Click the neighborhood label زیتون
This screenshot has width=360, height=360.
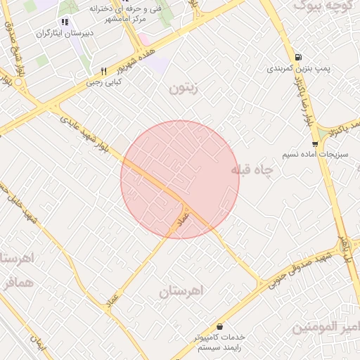coord(184,89)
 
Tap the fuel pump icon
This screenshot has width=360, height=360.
coord(299,58)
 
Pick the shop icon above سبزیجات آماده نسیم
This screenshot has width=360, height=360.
coord(315,143)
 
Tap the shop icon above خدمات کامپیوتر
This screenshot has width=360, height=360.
coord(221,327)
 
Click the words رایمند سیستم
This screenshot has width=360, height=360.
coord(219,348)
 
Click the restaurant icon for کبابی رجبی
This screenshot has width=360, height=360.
coord(104,71)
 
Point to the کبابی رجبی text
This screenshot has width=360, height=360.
coord(104,82)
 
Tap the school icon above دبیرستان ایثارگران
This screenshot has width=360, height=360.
coord(65,22)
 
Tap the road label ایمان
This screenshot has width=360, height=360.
coord(37,342)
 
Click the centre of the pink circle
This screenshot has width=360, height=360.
coord(180,179)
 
